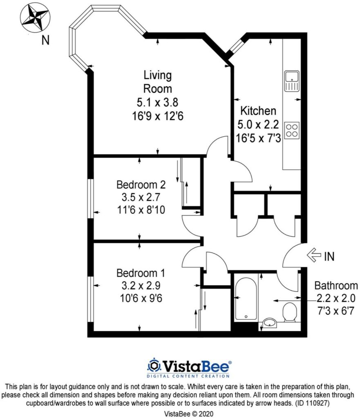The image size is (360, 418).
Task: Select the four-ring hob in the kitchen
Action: coord(292,131)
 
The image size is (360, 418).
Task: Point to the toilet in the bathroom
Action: coord(290,312)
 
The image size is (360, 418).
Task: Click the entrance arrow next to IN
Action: coord(313,256)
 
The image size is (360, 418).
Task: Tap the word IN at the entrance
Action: coord(329,256)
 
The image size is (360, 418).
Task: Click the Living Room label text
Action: coord(157,82)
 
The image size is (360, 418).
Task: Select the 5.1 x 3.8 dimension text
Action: coord(157,102)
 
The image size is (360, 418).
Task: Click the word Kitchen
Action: coord(258,111)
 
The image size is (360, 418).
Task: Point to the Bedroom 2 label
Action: coord(141,185)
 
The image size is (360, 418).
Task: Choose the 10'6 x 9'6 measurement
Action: coord(141,299)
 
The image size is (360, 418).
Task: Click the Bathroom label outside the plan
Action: coord(335,286)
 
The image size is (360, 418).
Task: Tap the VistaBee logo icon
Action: coord(154,365)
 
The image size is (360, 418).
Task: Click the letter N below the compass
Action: coord(46,40)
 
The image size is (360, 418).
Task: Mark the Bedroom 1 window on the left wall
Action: coord(91,300)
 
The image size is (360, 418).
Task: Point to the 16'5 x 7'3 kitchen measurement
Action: coord(258,138)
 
